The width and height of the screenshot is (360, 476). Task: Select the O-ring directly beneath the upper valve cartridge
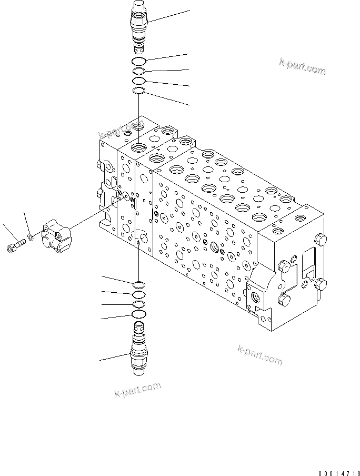tap(139, 62)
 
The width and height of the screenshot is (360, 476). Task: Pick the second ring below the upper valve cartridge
tap(138, 72)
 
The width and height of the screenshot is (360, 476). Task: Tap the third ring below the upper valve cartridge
tap(138, 81)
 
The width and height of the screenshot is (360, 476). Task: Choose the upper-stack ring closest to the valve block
tap(138, 92)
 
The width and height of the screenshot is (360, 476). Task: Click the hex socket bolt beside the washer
tap(15, 246)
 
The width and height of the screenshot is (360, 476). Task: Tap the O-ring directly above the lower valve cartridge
tap(138, 315)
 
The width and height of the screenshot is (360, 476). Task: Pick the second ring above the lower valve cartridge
tap(138, 304)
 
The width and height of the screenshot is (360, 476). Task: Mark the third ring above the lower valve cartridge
tap(138, 294)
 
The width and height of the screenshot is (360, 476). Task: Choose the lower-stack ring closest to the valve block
tap(138, 284)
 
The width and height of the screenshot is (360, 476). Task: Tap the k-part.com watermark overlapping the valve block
tap(125, 130)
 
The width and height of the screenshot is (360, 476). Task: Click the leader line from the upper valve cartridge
tap(168, 16)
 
